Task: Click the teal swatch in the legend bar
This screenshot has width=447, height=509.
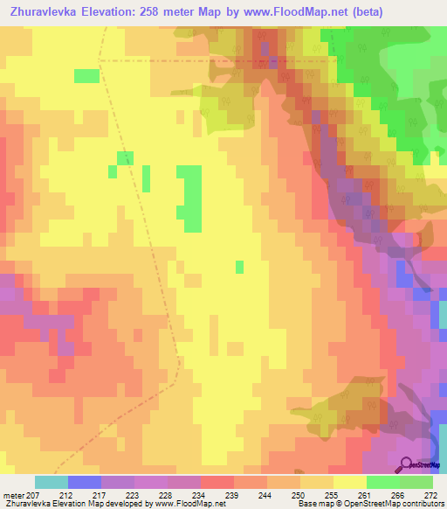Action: click(51, 482)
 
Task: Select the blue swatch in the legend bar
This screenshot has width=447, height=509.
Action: click(84, 482)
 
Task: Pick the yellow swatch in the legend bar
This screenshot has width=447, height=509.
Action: click(349, 482)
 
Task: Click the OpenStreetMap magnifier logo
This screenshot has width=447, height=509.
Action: click(406, 464)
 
